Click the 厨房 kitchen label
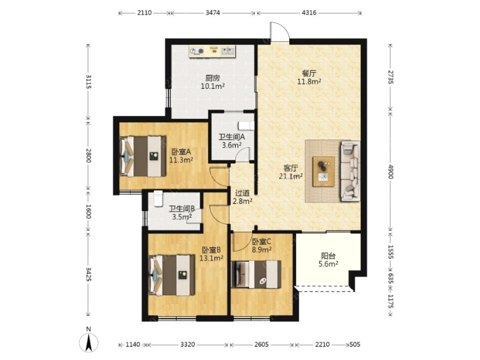[213, 78]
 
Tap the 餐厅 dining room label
[309, 74]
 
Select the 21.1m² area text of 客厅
[291, 176]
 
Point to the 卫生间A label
[231, 137]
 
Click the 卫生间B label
[182, 209]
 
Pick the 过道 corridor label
[242, 193]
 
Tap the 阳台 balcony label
[328, 256]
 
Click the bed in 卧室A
[143, 156]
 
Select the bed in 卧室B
[172, 275]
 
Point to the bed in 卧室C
[256, 274]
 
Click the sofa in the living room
[350, 171]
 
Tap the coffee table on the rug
[324, 172]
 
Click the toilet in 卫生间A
[246, 125]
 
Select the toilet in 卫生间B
[158, 199]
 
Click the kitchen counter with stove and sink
[213, 51]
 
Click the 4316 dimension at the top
[309, 13]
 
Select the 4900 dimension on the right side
[391, 172]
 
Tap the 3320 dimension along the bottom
[187, 345]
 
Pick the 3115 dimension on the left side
[88, 82]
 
